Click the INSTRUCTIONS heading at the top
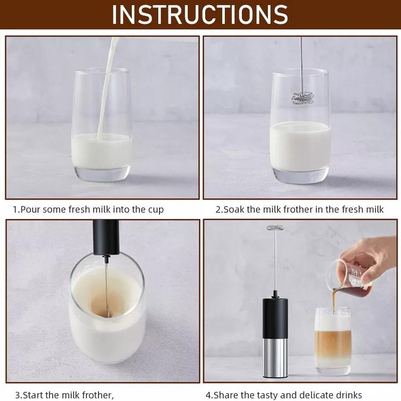tap(200, 15)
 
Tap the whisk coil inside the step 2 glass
tap(303, 98)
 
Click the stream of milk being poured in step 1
tap(108, 87)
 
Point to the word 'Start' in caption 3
tap(33, 395)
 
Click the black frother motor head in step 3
tap(106, 238)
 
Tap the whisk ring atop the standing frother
tap(276, 227)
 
